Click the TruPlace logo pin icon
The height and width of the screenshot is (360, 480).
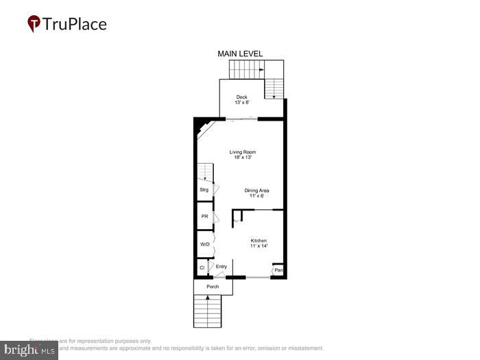tap(34, 24)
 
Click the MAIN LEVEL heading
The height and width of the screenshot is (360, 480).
tap(240, 53)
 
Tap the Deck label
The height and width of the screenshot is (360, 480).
tap(242, 97)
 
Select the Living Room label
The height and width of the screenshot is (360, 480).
tap(247, 152)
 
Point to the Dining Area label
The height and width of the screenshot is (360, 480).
tap(257, 190)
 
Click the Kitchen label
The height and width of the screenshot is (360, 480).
tap(258, 241)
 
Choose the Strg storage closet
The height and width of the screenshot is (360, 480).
tap(204, 189)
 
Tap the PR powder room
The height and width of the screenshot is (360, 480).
tap(204, 217)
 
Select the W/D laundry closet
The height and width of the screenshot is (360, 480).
tap(204, 244)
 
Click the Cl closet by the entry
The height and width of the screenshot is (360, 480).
tap(202, 267)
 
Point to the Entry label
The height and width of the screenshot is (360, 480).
tap(221, 267)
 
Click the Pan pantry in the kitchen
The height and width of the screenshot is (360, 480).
tap(278, 271)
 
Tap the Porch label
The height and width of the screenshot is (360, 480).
tap(213, 287)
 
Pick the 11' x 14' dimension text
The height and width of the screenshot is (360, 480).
tap(258, 246)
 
